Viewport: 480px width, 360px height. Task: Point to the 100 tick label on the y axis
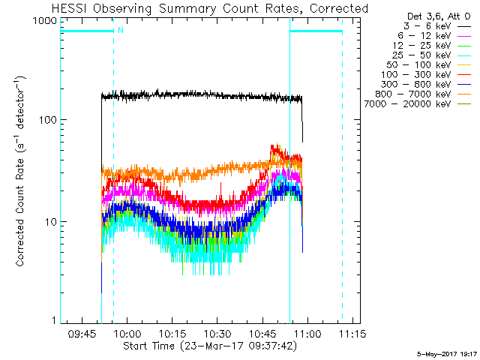[x=46, y=120]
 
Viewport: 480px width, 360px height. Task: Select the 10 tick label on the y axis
[x=49, y=223]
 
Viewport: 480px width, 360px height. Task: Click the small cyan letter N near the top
[x=120, y=31]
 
